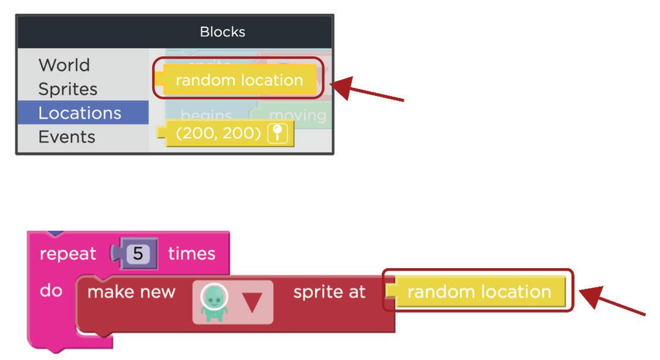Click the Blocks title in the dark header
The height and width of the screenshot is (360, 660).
pos(222,31)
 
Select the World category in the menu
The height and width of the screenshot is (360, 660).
pos(64,65)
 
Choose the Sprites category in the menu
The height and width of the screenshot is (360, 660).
pos(68,89)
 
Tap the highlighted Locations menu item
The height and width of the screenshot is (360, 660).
pos(80,113)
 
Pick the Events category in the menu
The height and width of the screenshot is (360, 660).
pos(66,137)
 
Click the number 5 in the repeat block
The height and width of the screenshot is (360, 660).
pos(138,254)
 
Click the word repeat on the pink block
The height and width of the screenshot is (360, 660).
pos(68,254)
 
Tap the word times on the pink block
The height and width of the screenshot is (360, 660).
pos(191,254)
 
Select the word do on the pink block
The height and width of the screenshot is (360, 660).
pos(50,291)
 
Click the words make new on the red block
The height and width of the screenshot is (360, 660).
pos(131,292)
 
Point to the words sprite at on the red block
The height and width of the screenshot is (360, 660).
pos(329,292)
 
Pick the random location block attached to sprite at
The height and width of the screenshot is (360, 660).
pos(479,292)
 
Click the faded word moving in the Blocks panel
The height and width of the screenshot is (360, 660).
pos(297,115)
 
